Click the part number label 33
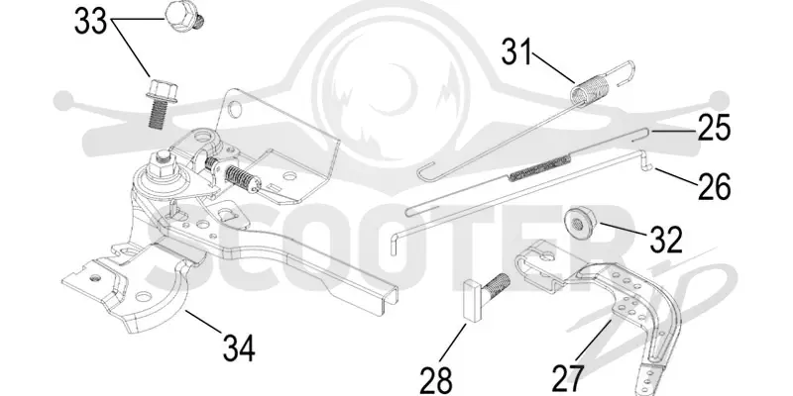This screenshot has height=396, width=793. click(90, 22)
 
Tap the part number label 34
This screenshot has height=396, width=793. click(239, 348)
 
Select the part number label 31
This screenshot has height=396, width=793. click(516, 52)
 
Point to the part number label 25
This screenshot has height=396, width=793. click(714, 129)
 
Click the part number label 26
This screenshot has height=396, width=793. click(714, 186)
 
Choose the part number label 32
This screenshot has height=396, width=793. click(665, 240)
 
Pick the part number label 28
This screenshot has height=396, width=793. click(435, 379)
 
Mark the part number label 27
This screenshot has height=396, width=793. click(567, 378)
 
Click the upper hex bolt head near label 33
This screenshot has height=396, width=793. click(183, 17)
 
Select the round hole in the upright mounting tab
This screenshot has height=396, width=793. click(233, 109)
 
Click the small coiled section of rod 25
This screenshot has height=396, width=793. click(539, 167)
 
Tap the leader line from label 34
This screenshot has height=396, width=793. click(203, 322)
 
